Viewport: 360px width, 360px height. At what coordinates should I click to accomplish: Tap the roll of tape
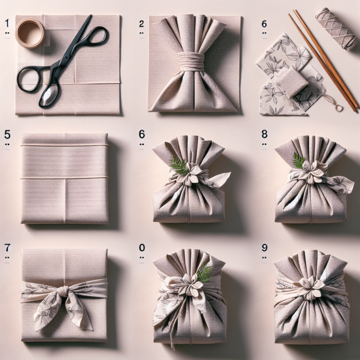coord(30,33)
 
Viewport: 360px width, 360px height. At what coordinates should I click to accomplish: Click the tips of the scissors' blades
coord(89,18)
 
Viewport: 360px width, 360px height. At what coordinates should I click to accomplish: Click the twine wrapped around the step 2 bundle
coord(191,61)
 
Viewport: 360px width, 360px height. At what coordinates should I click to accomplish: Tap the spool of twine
coord(336,28)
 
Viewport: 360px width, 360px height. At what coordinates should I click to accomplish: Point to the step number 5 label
coord(7,135)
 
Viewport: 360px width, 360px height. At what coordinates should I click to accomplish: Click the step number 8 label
coord(264,135)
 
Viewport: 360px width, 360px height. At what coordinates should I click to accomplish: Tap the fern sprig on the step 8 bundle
coord(299,161)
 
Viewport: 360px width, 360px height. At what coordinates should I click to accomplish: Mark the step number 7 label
coord(7,247)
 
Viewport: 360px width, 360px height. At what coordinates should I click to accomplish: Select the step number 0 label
coord(142,247)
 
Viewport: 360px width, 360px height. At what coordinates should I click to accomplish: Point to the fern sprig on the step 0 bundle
coord(204,273)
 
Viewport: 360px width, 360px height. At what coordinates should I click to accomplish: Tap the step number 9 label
coord(264,247)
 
